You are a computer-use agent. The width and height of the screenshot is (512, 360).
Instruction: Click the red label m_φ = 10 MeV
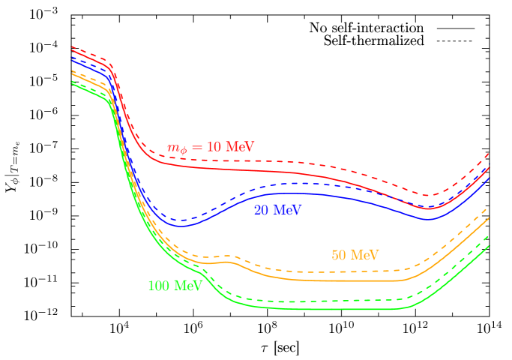pyautogui.click(x=211, y=147)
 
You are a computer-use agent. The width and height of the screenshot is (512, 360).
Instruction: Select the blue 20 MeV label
pyautogui.click(x=277, y=210)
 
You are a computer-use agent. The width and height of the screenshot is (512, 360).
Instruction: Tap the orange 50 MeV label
pyautogui.click(x=355, y=255)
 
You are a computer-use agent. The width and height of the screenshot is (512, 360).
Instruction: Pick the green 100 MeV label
pyautogui.click(x=175, y=286)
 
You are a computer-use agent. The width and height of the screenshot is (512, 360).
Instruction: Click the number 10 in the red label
pyautogui.click(x=214, y=146)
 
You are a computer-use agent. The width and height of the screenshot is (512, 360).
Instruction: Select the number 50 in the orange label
pyautogui.click(x=339, y=255)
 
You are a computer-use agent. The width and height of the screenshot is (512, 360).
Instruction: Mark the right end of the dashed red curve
pyautogui.click(x=489, y=152)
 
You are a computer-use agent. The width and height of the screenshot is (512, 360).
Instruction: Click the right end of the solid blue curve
pyautogui.click(x=489, y=178)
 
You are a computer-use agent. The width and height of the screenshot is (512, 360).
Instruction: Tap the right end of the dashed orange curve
pyautogui.click(x=489, y=208)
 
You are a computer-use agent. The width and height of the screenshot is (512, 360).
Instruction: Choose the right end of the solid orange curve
pyautogui.click(x=489, y=217)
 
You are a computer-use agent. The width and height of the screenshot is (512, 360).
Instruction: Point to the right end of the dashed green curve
pyautogui.click(x=489, y=236)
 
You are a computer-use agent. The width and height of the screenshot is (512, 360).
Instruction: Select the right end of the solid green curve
pyautogui.click(x=489, y=246)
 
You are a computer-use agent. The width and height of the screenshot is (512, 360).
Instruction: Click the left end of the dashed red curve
pyautogui.click(x=72, y=46)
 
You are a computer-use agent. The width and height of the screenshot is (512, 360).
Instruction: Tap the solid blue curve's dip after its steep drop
pyautogui.click(x=182, y=226)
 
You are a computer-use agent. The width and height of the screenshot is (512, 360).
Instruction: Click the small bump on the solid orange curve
pyautogui.click(x=229, y=262)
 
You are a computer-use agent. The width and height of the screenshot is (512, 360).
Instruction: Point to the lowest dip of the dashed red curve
pyautogui.click(x=427, y=196)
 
